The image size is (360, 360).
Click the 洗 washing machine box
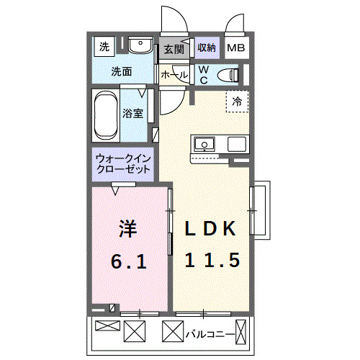coord(104,48)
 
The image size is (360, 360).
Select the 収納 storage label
coord(207,48)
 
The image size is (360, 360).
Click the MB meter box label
coord(236,48)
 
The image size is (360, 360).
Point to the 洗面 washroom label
coord(120,72)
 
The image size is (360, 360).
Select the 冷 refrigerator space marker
coord(237,102)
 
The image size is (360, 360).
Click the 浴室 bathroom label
coord(132,113)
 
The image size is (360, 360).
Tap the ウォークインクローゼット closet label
coord(123,163)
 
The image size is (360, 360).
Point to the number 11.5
coord(212,260)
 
